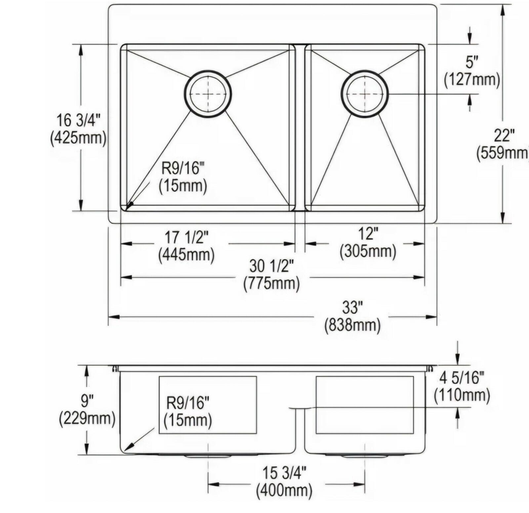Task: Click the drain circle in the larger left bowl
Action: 208,94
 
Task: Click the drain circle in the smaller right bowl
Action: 364,94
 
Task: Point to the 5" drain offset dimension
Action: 472,62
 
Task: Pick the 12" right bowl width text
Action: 368,234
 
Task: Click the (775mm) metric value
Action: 271,283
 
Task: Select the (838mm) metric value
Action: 352,325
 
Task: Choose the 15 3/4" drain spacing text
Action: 284,473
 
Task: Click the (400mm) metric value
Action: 284,491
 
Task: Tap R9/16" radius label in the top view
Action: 181,169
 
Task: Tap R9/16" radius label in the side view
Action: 188,403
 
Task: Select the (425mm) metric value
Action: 78,137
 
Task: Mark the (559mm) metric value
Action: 503,153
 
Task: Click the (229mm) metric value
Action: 87,419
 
